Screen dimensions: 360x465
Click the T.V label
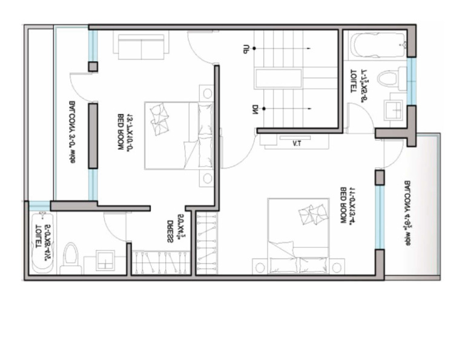point(297,144)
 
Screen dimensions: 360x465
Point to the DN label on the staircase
point(256,110)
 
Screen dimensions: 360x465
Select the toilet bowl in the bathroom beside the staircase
point(392,78)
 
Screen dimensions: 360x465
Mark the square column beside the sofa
point(93,66)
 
